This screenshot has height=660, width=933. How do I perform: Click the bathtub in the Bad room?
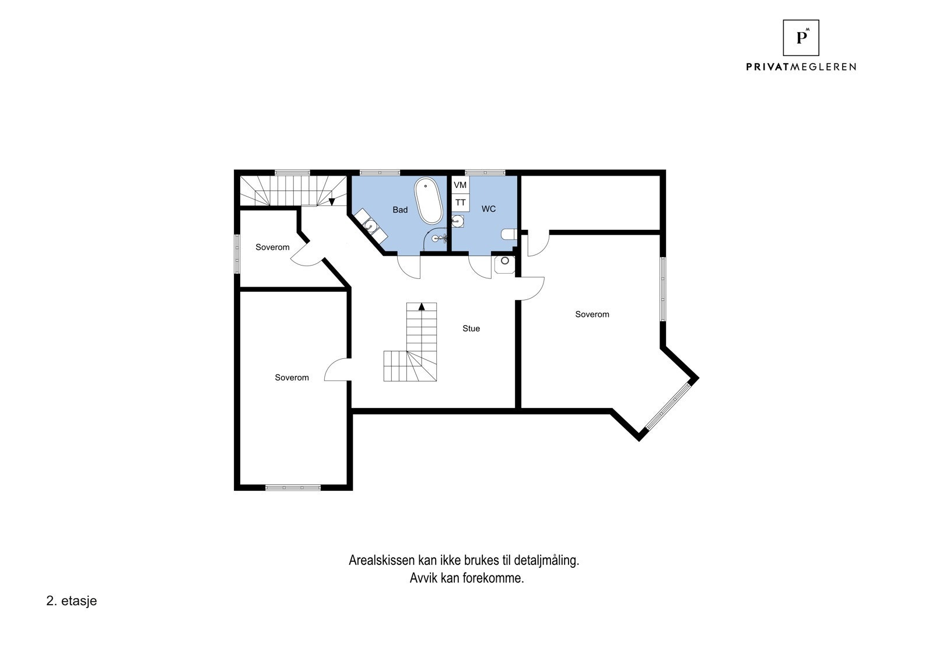coord(428,201)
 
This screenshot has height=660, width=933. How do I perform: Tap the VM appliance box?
coord(460,185)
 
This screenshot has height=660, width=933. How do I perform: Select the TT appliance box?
coord(460,202)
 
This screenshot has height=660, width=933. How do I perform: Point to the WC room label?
coord(489,209)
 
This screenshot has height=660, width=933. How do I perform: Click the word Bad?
coord(400,209)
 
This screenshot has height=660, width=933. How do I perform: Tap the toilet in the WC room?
coord(508,234)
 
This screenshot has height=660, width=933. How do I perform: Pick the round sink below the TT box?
coord(459,221)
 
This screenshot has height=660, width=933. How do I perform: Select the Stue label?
coord(471,329)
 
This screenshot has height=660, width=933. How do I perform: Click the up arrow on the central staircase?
coord(422,306)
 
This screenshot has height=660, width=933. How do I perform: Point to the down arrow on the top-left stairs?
coord(332,201)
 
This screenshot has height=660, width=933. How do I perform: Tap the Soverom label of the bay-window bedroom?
coord(592,315)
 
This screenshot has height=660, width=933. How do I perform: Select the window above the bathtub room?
coord(380,172)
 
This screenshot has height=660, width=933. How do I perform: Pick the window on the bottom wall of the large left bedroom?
coord(293,487)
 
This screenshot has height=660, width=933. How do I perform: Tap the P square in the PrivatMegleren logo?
coord(801,38)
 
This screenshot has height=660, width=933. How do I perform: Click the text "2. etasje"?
coord(71,601)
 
